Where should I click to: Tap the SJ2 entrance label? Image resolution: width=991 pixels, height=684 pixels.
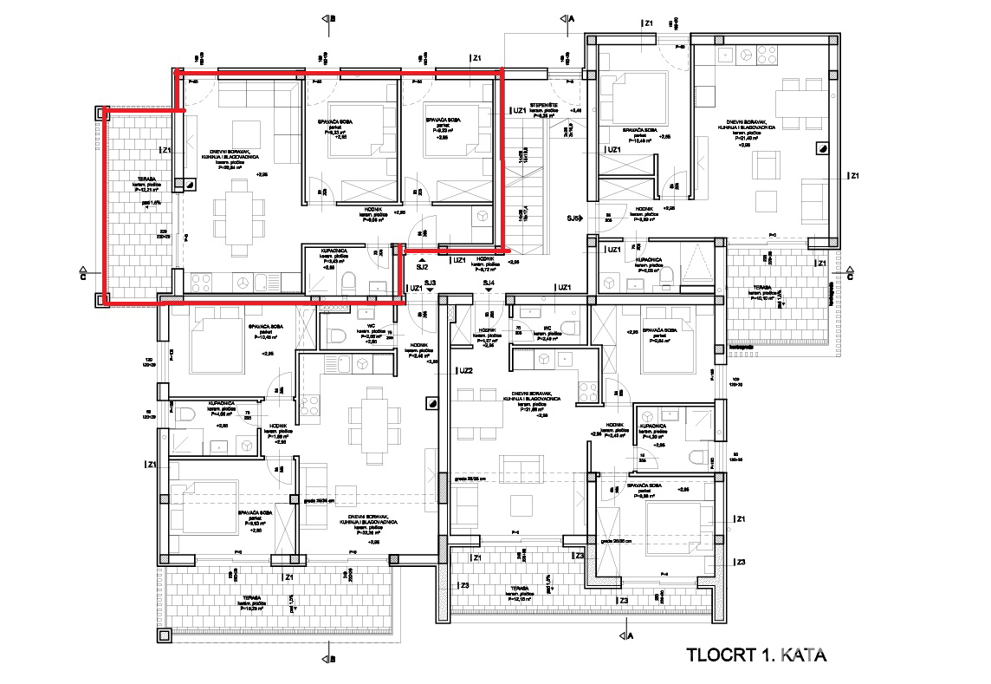[422, 268]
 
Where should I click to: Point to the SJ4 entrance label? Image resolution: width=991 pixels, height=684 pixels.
[489, 283]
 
